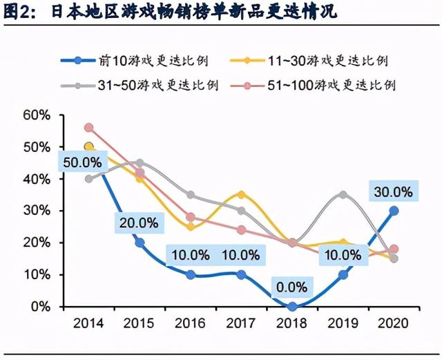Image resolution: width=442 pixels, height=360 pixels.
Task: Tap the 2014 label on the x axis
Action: [88, 323]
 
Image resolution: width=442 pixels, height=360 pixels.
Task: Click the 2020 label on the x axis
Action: [393, 323]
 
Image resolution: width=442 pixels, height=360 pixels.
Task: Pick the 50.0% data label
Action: [81, 162]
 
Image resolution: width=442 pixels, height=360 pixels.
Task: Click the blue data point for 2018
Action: [292, 306]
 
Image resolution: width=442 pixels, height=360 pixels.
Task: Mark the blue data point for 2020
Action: [394, 211]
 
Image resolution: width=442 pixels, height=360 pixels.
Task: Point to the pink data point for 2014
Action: [88, 128]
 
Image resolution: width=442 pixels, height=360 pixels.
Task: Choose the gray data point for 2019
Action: [343, 195]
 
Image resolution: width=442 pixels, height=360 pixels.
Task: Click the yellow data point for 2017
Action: [241, 195]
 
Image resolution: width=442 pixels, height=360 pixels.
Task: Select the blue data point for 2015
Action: [140, 243]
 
